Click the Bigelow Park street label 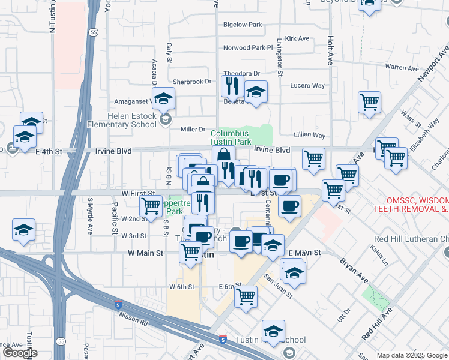[x=243, y=25]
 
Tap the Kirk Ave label [x=297, y=38]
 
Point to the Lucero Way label [x=307, y=86]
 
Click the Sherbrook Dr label [x=192, y=82]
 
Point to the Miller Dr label [x=193, y=130]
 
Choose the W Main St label [x=146, y=254]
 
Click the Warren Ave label [x=402, y=67]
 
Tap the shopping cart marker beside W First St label [x=151, y=206]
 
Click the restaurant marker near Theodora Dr [x=231, y=86]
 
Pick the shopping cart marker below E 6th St [x=246, y=296]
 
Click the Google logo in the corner [x=20, y=353]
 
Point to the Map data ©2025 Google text [x=412, y=355]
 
